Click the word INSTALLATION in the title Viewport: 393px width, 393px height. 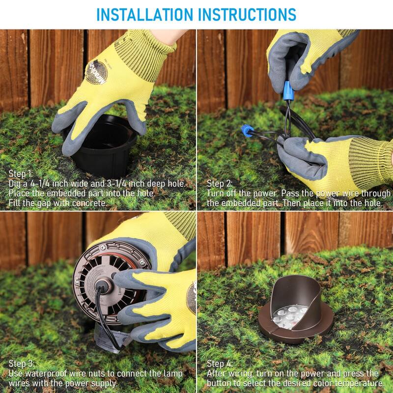(x=144, y=15)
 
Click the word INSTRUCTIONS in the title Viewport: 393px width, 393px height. (x=248, y=15)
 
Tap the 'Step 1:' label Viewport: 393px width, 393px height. (x=21, y=174)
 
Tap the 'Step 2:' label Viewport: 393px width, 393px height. (x=220, y=184)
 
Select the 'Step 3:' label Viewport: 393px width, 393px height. (x=21, y=364)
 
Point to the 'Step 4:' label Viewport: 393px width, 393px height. (x=220, y=364)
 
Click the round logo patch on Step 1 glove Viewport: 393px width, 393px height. (x=96, y=72)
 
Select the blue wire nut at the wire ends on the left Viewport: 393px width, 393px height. (x=247, y=131)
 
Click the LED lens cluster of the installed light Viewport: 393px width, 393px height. (x=290, y=317)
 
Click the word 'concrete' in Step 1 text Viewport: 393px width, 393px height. (x=89, y=203)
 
